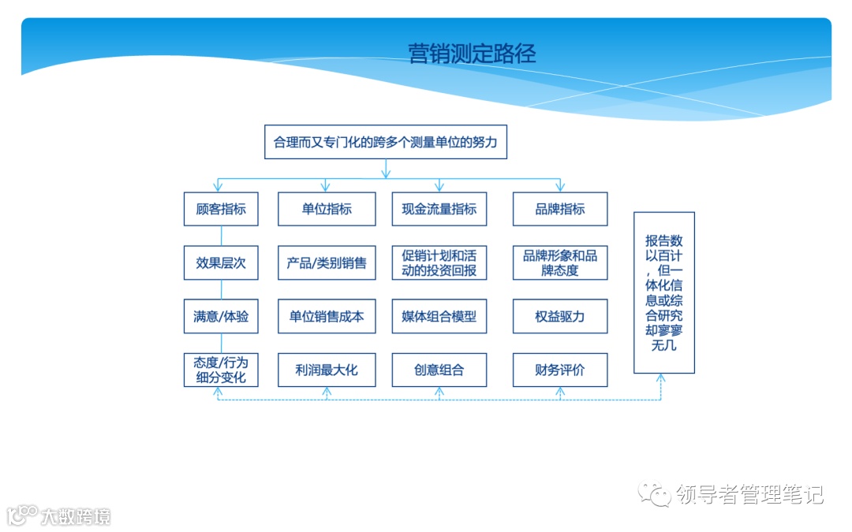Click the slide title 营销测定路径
pyautogui.click(x=472, y=54)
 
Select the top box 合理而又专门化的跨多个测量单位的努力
pyautogui.click(x=385, y=143)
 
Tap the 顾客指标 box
pyautogui.click(x=221, y=210)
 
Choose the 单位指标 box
pyautogui.click(x=327, y=210)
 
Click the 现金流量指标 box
pyautogui.click(x=439, y=210)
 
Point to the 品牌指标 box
pyautogui.click(x=560, y=210)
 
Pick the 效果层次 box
pyautogui.click(x=221, y=263)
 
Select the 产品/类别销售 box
pyautogui.click(x=327, y=263)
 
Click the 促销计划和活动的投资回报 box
pyautogui.click(x=439, y=263)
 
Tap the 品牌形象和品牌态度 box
pyautogui.click(x=560, y=263)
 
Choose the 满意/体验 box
pyautogui.click(x=221, y=317)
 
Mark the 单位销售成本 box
pyautogui.click(x=327, y=317)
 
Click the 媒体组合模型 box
pyautogui.click(x=439, y=317)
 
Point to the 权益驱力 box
pyautogui.click(x=560, y=317)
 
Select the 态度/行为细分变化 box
pyautogui.click(x=221, y=370)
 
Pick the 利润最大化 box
pyautogui.click(x=327, y=370)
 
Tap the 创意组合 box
pyautogui.click(x=439, y=370)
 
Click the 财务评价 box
pyautogui.click(x=560, y=370)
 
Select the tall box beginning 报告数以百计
pyautogui.click(x=664, y=292)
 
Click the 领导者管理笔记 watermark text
pyautogui.click(x=749, y=495)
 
